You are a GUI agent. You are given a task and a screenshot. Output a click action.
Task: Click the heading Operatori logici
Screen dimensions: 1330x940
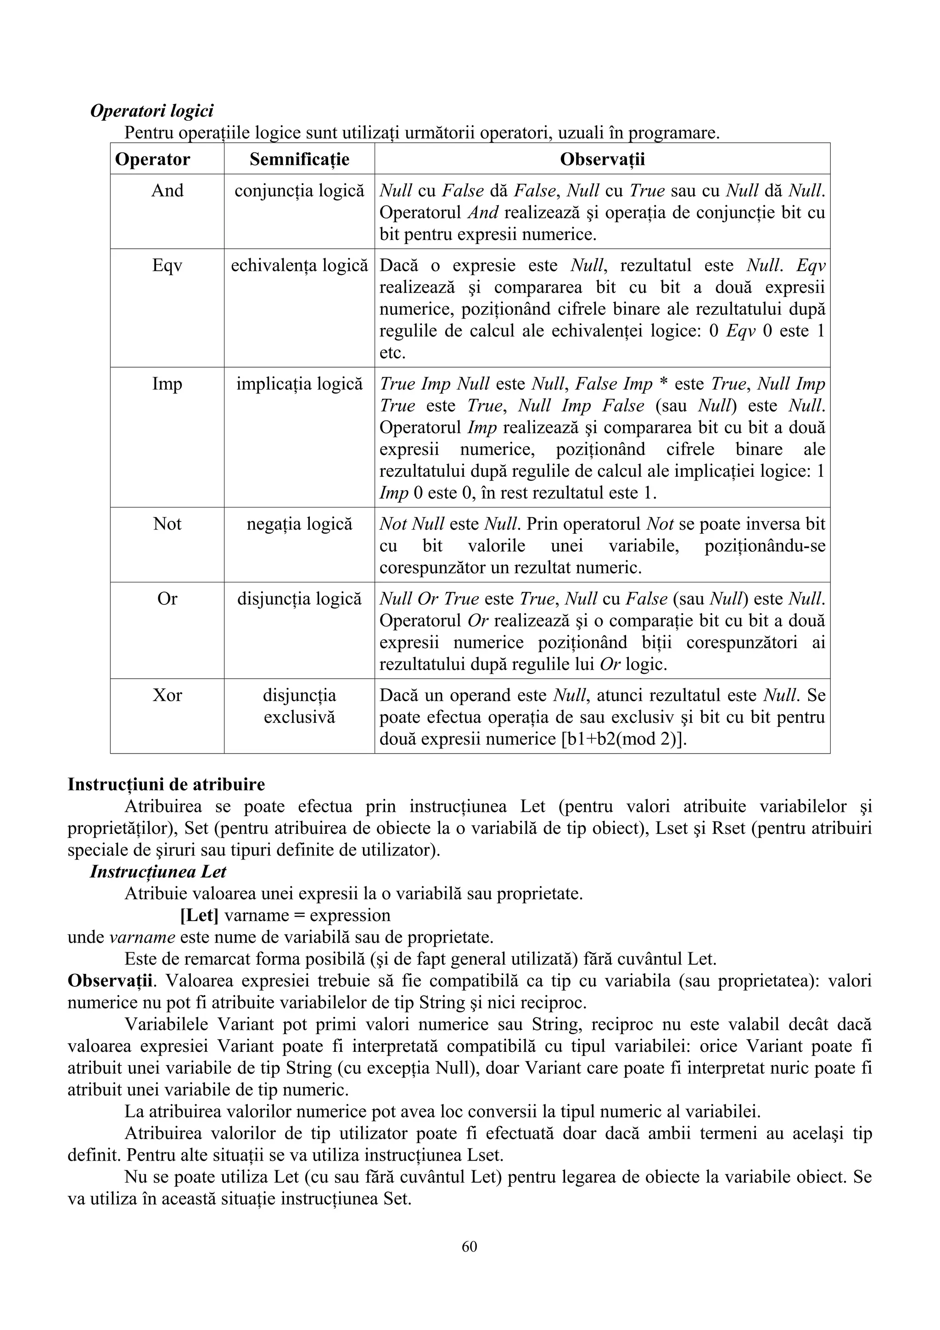152,110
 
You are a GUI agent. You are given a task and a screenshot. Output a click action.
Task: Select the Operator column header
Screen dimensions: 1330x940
152,159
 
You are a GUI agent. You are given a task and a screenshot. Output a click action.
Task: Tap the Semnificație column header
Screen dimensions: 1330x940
299,159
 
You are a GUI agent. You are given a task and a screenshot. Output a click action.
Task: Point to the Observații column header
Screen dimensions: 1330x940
602,159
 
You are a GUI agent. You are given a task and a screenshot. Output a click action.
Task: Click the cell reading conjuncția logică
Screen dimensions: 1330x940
299,190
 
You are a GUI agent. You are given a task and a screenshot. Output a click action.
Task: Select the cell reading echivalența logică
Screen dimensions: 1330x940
299,266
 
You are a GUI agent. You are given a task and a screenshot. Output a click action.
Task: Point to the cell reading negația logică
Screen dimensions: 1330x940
299,524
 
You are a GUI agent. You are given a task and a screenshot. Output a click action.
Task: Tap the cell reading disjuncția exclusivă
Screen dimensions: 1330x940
299,706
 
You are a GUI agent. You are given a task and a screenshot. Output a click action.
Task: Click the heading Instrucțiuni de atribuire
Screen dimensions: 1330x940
166,784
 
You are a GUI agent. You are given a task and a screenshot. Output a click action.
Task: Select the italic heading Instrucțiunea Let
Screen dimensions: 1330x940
158,872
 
